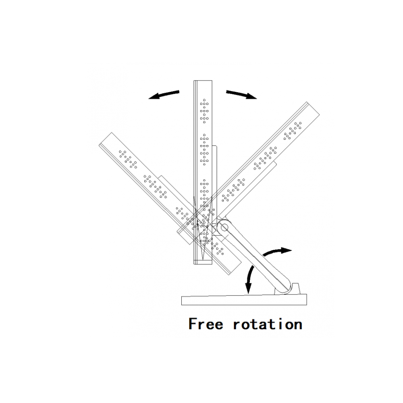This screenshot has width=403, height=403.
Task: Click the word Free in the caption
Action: tap(206, 324)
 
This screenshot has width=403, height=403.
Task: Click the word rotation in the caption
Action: tap(268, 324)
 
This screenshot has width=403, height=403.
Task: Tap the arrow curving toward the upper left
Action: tap(164, 94)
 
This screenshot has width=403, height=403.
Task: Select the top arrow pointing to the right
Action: tap(241, 94)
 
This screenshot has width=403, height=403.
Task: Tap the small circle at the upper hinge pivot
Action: tap(224, 227)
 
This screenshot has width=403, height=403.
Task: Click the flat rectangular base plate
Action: tap(244, 300)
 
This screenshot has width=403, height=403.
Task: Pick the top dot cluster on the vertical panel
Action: tap(204, 111)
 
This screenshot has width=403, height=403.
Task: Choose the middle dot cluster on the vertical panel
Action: tap(204, 150)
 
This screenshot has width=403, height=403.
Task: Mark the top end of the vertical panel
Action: tap(203, 81)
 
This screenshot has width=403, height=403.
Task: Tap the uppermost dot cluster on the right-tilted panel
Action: tap(293, 131)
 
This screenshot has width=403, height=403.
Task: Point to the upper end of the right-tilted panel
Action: tap(313, 108)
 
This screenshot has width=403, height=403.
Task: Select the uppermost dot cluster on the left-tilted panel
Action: tap(128, 160)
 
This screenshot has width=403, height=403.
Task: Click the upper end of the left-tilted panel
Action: tap(105, 139)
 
